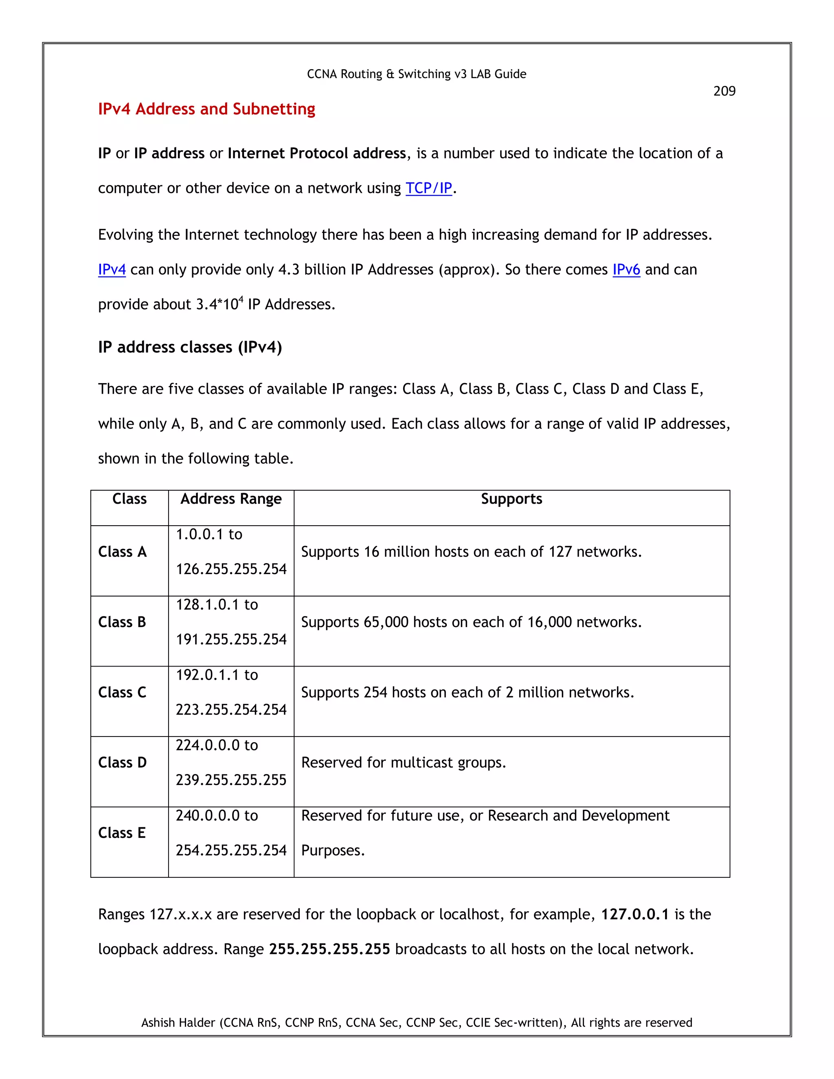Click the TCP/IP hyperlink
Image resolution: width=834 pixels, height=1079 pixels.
pos(428,188)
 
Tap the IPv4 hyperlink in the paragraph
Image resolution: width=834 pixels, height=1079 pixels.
pos(112,270)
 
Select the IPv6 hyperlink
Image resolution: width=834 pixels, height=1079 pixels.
pos(626,270)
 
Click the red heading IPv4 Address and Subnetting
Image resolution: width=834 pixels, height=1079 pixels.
pos(206,109)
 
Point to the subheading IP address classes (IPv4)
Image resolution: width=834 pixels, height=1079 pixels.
pos(190,347)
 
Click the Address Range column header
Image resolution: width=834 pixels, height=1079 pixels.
pos(231,499)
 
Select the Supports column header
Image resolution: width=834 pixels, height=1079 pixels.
pos(511,499)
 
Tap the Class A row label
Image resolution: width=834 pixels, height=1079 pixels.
pos(122,552)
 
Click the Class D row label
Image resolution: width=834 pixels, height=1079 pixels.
pos(122,763)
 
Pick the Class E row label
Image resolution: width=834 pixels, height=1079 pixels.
pos(121,833)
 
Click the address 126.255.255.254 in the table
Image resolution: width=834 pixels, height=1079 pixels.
pos(231,569)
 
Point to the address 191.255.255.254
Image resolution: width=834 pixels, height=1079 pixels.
pos(231,639)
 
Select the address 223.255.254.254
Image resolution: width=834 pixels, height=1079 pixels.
pos(231,710)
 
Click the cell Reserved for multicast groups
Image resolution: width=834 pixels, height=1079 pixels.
pos(404,763)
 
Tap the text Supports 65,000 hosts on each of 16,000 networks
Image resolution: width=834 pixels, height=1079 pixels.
pos(471,622)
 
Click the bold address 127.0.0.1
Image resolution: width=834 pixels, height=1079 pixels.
pos(634,915)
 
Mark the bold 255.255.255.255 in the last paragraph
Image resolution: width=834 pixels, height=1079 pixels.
pos(329,949)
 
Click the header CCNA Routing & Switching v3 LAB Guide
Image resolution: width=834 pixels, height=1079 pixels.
pos(417,74)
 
